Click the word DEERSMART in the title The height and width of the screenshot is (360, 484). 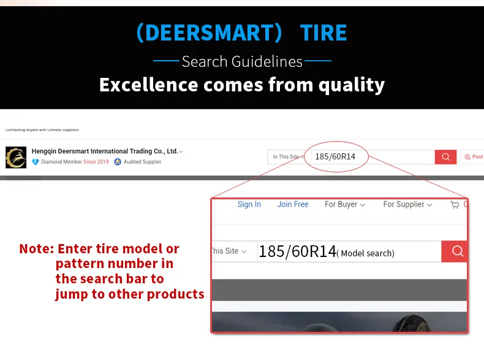point(209,33)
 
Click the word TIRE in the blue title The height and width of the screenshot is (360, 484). point(323,33)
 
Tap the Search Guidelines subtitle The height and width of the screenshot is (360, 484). point(242,61)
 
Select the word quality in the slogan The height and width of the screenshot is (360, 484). point(351,84)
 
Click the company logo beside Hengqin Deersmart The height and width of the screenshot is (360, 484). point(16,158)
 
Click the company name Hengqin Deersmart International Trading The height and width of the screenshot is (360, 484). point(105,151)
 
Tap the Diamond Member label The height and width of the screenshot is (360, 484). point(61,162)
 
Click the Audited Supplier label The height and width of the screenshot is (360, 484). point(142,162)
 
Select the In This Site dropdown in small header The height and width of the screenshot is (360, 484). point(287,157)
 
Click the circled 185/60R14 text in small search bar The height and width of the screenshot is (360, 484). point(335,156)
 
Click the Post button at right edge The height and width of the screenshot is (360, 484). point(473,157)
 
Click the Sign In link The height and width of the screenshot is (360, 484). point(249,204)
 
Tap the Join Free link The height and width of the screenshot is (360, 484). point(293,204)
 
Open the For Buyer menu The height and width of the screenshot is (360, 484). point(344,204)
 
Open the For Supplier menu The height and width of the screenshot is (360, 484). point(407,204)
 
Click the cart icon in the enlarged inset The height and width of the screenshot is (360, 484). point(455,205)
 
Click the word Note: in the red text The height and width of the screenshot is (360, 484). point(37,249)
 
